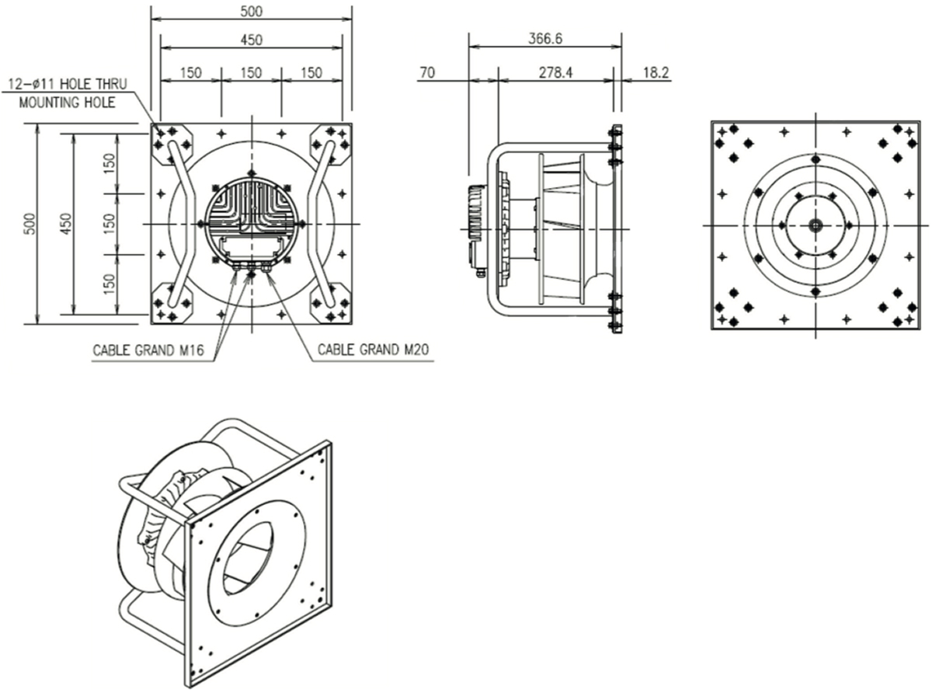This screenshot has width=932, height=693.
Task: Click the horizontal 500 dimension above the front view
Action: click(251, 11)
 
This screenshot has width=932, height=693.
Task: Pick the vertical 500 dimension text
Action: click(30, 225)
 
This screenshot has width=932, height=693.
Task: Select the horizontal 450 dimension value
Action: click(250, 39)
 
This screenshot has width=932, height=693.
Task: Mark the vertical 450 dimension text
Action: click(66, 225)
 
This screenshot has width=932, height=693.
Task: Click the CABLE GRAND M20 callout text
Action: click(374, 350)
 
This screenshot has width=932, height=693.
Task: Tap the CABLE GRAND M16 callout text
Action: click(148, 350)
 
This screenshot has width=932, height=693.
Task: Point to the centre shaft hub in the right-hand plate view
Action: click(815, 225)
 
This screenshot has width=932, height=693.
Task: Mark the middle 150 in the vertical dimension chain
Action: click(110, 224)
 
